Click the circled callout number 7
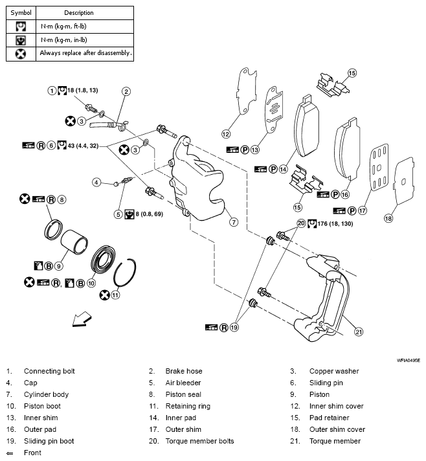233,221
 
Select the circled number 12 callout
226,134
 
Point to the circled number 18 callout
388,218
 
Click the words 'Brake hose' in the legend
184,371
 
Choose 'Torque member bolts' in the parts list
199,441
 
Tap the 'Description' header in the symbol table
79,12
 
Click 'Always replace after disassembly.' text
85,53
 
